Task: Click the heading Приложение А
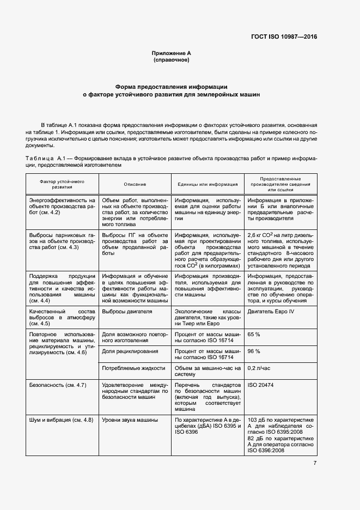click(171, 53)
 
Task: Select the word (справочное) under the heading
click(171, 60)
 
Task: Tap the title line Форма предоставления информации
click(171, 87)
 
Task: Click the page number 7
click(315, 463)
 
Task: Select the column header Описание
click(135, 184)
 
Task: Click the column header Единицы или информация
click(208, 184)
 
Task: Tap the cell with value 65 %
click(254, 333)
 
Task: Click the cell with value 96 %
click(254, 351)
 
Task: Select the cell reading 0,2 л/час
click(259, 369)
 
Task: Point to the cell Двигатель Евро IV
click(271, 312)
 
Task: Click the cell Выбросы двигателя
click(127, 312)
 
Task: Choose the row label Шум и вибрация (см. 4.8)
click(61, 420)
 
